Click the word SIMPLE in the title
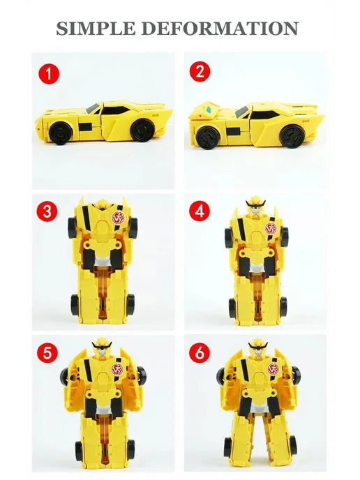[96, 29]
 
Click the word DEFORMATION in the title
[220, 29]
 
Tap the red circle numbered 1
[49, 74]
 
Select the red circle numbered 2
[200, 72]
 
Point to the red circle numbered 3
[47, 211]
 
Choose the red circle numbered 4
[200, 211]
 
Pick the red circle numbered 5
[47, 352]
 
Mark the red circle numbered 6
[200, 352]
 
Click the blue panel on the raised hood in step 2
[210, 110]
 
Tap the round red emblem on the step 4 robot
[271, 229]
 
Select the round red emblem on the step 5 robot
[117, 369]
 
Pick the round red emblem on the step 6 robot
[273, 369]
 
